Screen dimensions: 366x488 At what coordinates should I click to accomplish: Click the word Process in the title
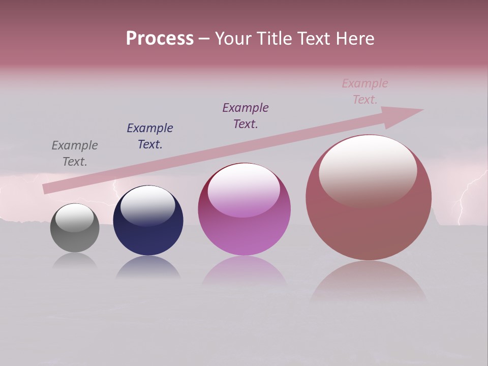coord(160,39)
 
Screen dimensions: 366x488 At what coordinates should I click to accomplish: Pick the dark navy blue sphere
coord(148,234)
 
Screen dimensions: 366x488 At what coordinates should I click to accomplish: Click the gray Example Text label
coord(75,154)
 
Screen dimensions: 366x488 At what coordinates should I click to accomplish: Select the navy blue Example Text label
coord(150,136)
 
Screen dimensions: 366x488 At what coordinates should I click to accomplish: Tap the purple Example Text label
coord(246,116)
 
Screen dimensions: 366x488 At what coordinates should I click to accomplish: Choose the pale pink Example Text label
coord(365,91)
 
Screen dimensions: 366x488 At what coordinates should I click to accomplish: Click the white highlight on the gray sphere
coord(75,218)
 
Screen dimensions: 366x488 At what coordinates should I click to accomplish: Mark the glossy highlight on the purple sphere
coord(244,191)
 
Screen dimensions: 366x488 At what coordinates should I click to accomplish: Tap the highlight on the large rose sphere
coord(368,170)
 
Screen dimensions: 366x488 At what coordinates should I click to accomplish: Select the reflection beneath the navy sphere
coord(148,268)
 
